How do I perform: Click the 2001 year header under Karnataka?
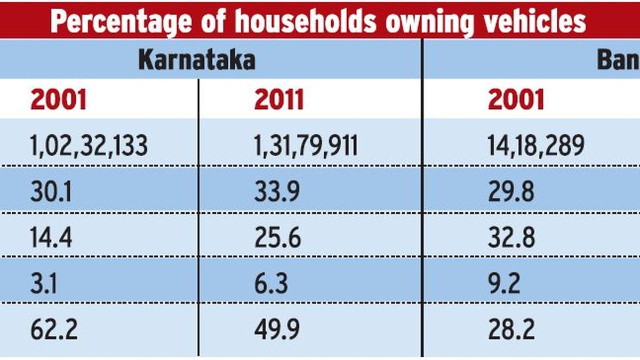58,100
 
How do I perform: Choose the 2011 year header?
279,100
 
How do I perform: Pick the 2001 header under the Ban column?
516,100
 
